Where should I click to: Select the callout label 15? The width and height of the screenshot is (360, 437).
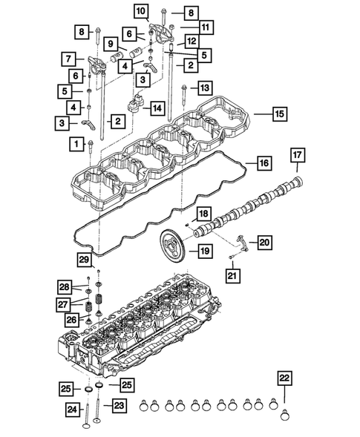(278, 115)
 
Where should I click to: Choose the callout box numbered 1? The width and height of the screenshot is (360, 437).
(75, 142)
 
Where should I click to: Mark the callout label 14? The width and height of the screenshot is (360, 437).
(156, 108)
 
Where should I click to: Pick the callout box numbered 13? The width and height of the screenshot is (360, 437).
(204, 88)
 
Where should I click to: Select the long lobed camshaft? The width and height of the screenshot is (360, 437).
(245, 208)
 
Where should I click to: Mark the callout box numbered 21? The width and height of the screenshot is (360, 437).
(233, 277)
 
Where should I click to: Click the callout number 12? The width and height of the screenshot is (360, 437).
(192, 41)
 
